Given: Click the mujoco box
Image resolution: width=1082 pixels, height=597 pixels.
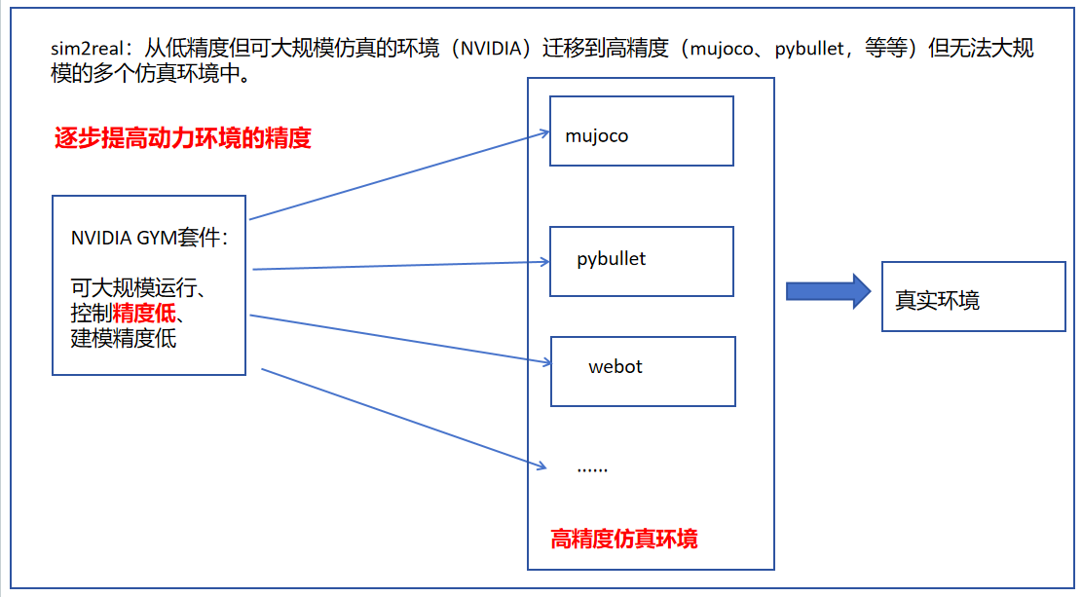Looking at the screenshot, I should [641, 131].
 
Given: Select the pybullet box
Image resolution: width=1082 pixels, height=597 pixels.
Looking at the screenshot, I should [641, 261].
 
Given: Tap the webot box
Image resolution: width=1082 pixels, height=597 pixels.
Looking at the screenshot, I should [643, 371].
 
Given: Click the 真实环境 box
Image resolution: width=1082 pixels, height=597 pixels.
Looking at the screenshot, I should [973, 296].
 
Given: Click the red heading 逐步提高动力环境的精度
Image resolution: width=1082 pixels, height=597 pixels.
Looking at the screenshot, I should [182, 138].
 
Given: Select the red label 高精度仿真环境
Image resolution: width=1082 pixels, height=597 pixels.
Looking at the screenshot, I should [624, 539].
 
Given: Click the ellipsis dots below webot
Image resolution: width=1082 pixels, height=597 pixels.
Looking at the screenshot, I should [592, 466].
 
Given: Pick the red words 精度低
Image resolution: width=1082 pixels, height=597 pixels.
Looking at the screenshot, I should [145, 314].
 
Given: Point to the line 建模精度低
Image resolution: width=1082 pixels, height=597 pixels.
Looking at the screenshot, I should [124, 339].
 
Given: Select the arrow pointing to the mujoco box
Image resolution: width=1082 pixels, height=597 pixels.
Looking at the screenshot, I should [399, 176].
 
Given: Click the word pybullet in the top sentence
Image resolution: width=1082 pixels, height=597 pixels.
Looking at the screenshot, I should [810, 49].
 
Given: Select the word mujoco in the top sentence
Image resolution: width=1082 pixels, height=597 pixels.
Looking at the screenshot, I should [722, 49].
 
